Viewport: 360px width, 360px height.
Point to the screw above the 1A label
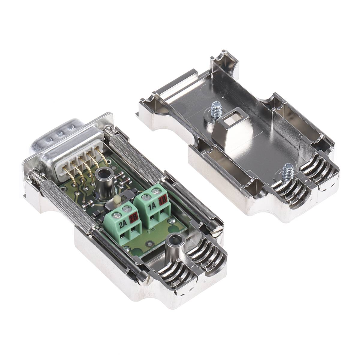pos(147,197)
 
